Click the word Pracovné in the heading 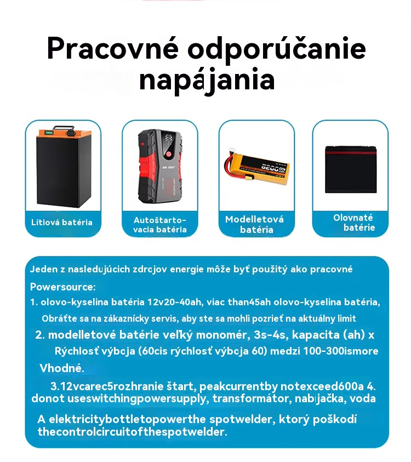(x=113, y=49)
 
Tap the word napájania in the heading (x=207, y=79)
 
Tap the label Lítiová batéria (x=61, y=223)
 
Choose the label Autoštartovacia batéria (x=159, y=225)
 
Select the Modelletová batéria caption (x=255, y=224)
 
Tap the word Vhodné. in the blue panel (x=61, y=368)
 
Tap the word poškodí (x=334, y=419)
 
